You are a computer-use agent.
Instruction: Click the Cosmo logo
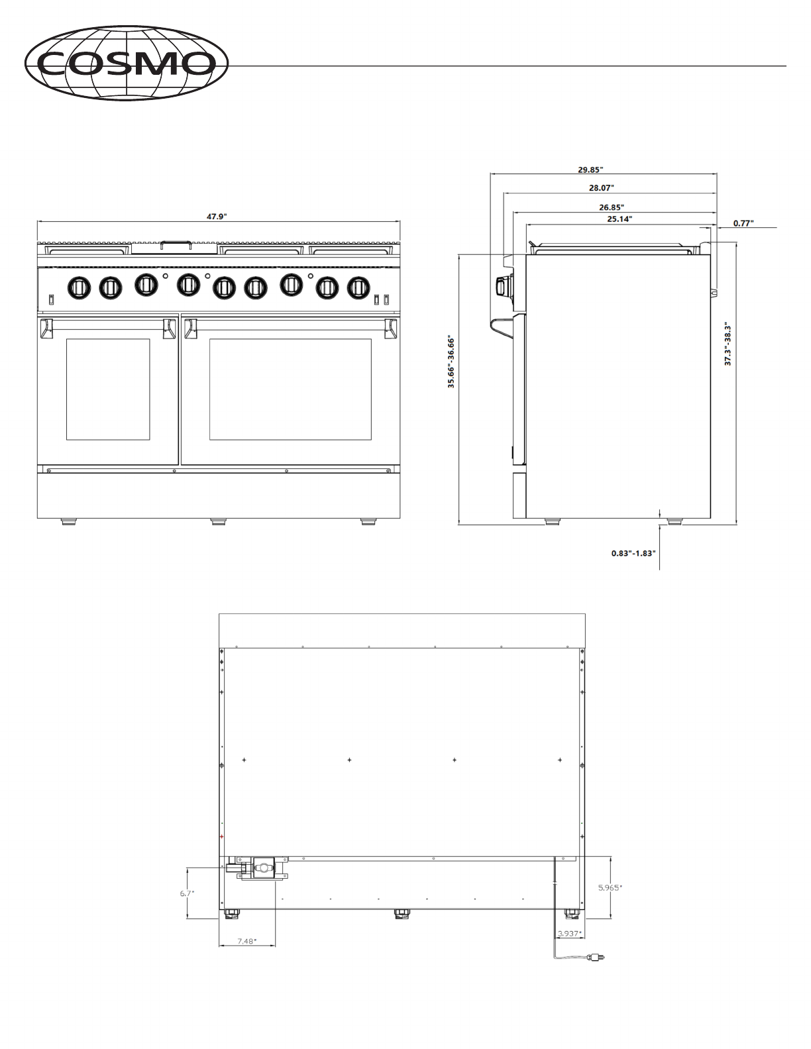pos(127,63)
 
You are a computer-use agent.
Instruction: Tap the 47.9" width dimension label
pos(217,217)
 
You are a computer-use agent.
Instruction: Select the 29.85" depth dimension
pos(590,170)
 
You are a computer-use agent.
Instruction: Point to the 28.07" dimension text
pos(602,188)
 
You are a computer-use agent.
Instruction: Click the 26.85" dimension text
pos(612,207)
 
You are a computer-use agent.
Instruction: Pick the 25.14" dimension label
pos(620,219)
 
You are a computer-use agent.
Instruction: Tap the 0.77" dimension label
pos(743,223)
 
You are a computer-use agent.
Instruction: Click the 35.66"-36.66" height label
pos(451,362)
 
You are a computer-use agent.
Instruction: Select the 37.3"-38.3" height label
pos(728,344)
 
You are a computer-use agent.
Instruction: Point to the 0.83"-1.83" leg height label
pos(633,553)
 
